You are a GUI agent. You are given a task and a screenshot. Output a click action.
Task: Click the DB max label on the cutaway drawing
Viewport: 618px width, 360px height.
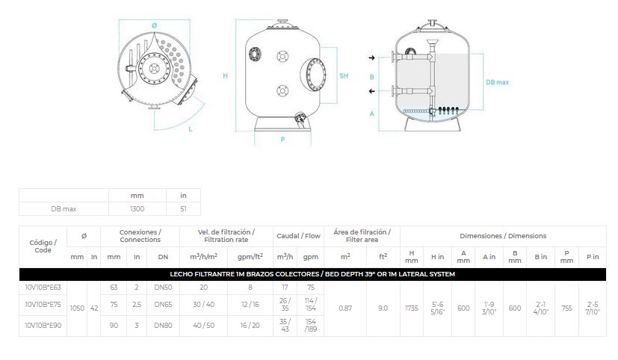click(x=498, y=82)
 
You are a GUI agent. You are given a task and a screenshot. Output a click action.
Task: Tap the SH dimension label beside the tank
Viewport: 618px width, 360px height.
click(x=344, y=75)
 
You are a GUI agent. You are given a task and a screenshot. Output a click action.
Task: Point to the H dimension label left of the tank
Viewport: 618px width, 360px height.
click(x=226, y=75)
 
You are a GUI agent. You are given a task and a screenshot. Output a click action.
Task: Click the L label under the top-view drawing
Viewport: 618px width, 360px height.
click(x=191, y=128)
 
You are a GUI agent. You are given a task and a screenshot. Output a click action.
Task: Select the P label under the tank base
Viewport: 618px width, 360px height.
click(x=282, y=139)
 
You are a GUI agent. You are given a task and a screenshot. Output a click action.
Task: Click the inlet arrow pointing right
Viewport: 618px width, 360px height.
click(x=371, y=58)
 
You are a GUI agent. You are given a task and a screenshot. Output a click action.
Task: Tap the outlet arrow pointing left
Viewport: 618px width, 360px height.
click(x=371, y=91)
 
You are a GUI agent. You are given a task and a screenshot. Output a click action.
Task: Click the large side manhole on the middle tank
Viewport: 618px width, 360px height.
click(x=314, y=75)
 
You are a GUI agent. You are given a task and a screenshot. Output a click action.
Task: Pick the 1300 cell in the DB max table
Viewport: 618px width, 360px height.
click(x=137, y=208)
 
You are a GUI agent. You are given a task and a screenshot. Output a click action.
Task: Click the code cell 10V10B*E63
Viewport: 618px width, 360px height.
click(x=43, y=287)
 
